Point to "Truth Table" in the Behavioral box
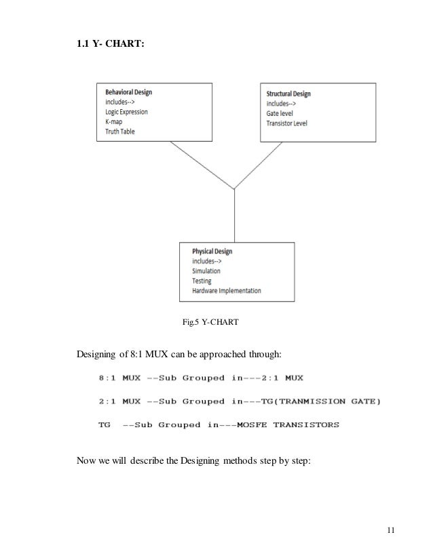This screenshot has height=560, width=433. pos(120,131)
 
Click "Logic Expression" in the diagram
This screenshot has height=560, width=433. pos(127,112)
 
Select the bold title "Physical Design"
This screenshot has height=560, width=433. pos(212,251)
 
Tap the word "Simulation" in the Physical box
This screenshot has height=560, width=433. pos(206,271)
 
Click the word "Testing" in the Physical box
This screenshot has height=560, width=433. pos(202,280)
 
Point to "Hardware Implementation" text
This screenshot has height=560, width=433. pos(227,290)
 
